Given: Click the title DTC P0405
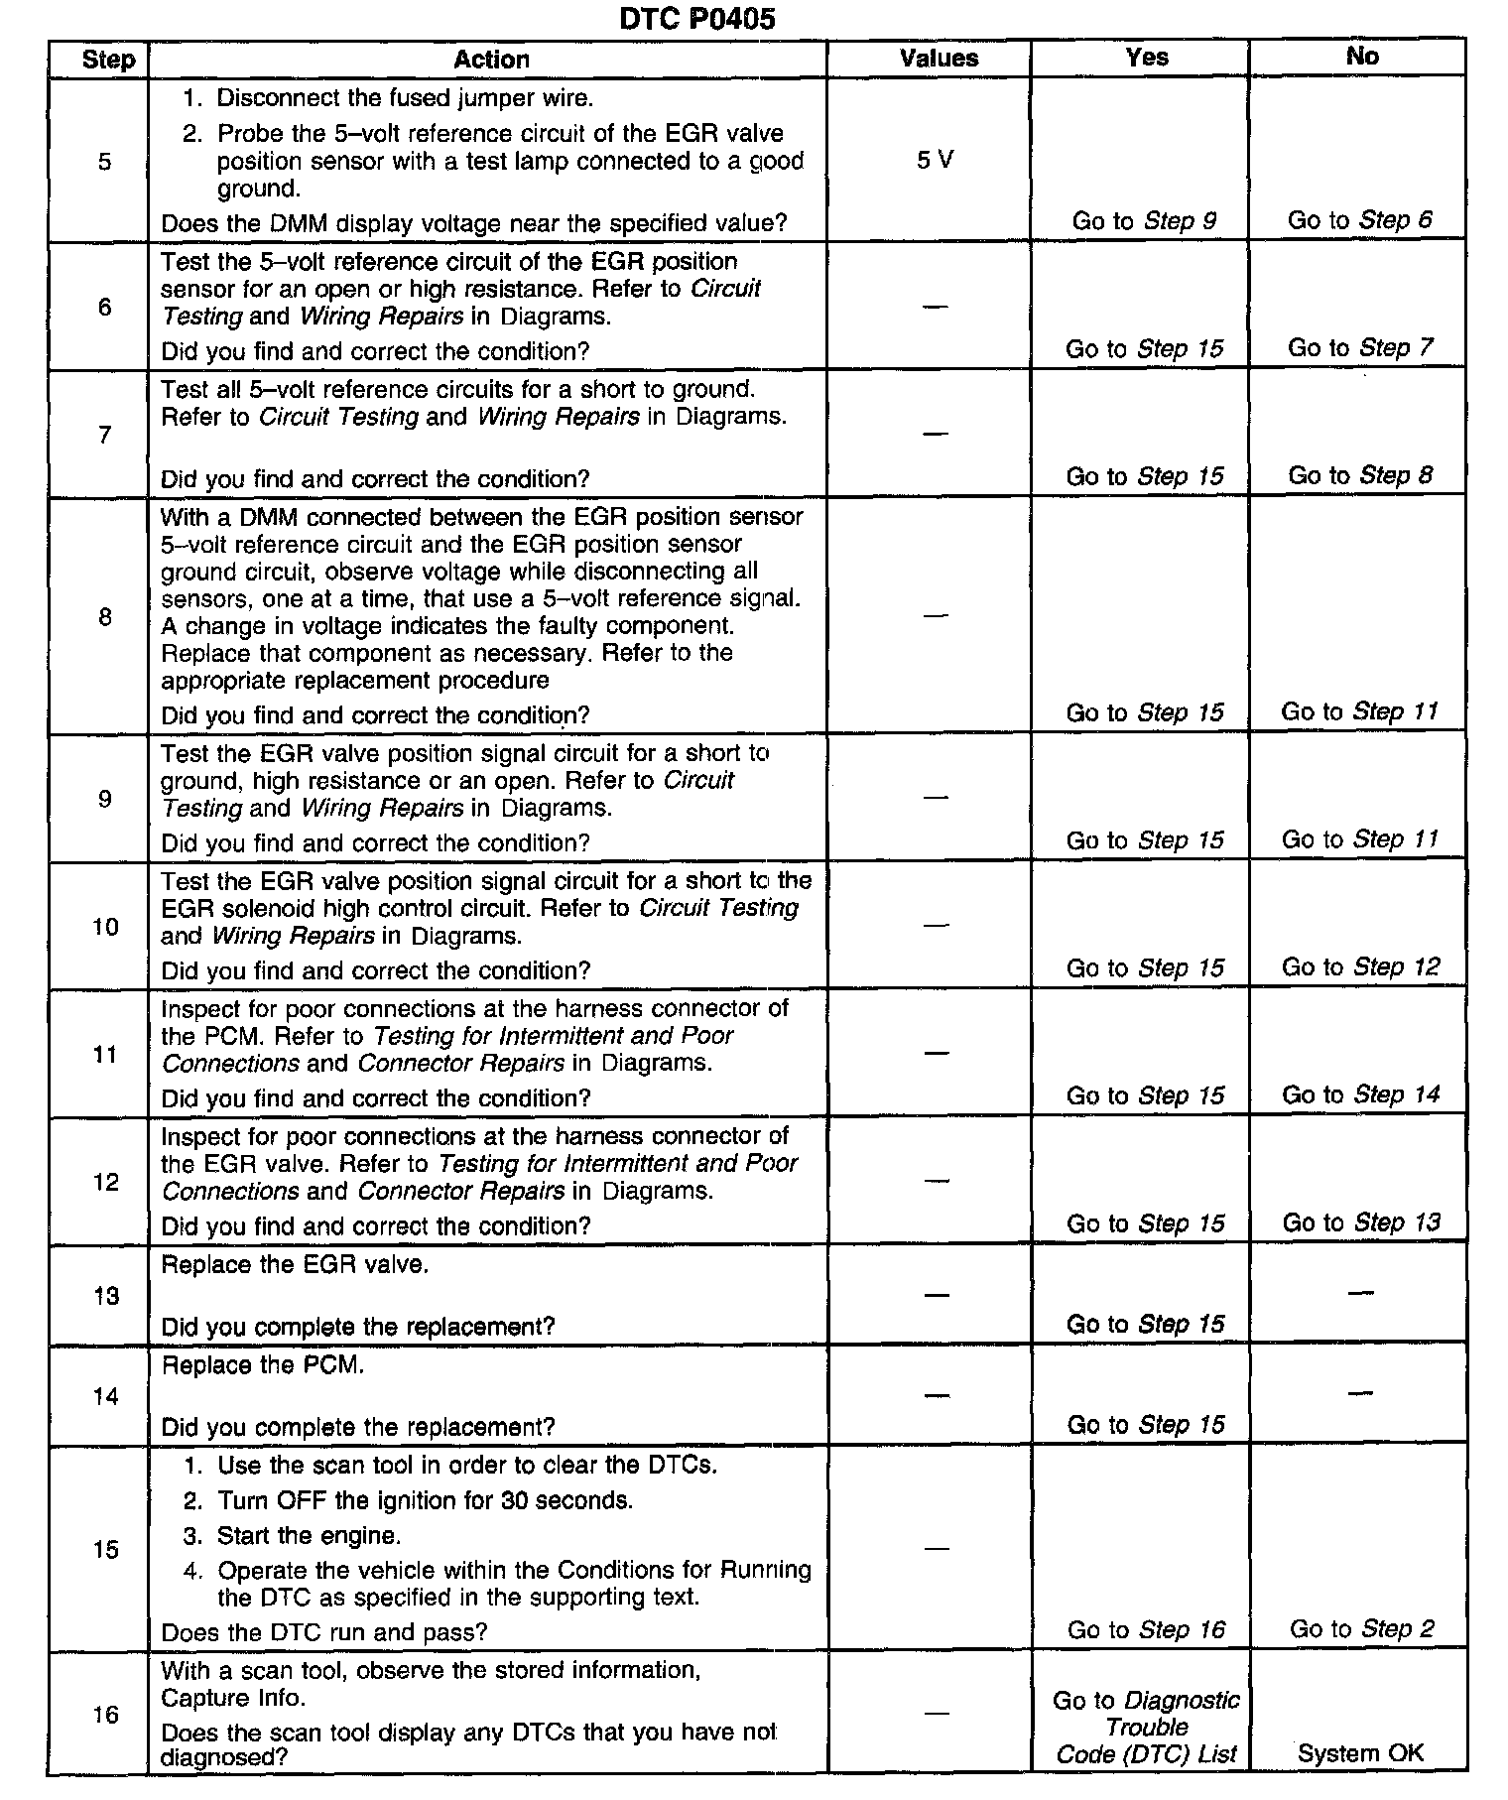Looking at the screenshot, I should click(696, 19).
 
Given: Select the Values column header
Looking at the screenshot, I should click(939, 59).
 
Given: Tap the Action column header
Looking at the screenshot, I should click(491, 60).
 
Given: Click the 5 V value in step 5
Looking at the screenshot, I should click(935, 161).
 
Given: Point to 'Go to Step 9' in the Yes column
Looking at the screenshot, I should click(1144, 221).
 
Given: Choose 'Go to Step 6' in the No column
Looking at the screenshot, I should click(1359, 220).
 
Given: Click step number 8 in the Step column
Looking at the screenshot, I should click(105, 617).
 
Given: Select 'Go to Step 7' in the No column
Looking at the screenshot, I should click(1360, 348).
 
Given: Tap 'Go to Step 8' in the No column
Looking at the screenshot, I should click(1360, 476).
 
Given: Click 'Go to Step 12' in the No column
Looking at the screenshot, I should click(1360, 967).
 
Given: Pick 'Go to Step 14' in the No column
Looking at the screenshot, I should click(1360, 1095).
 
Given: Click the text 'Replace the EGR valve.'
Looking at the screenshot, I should click(295, 1265).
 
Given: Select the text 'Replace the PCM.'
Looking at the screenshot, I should click(263, 1365).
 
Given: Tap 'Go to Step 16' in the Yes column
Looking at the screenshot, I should click(1146, 1630).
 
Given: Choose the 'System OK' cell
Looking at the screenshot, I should click(1360, 1753).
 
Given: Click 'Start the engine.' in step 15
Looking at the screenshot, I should click(309, 1536).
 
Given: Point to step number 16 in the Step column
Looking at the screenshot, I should click(105, 1715).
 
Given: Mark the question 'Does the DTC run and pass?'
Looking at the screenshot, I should click(323, 1632).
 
